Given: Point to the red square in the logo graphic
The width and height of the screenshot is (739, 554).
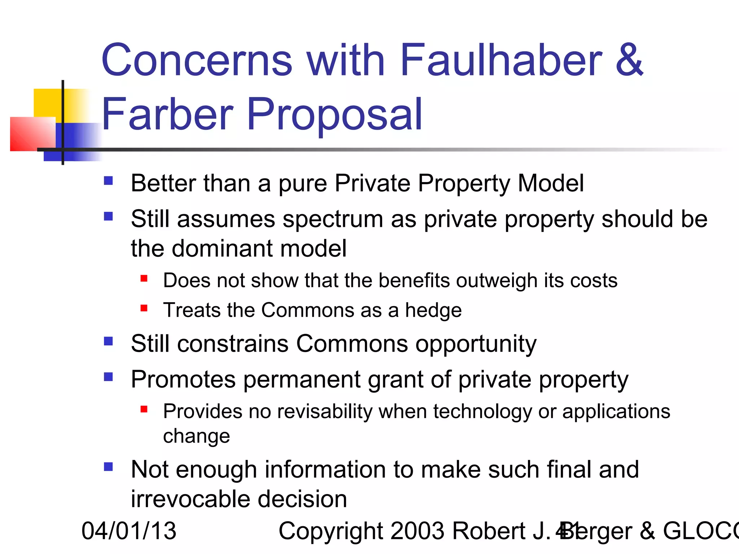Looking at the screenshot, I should [32, 134].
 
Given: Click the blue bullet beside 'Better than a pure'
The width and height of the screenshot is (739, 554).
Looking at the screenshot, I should [108, 180].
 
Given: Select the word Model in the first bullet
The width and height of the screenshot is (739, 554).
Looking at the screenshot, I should [551, 183].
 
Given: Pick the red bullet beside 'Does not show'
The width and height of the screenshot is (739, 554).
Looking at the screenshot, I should [144, 278].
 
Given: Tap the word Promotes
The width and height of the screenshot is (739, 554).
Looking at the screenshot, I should [183, 379].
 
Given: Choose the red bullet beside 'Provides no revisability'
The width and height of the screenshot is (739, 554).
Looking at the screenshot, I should [144, 409].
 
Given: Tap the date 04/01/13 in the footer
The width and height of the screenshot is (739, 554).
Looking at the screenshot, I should [129, 531].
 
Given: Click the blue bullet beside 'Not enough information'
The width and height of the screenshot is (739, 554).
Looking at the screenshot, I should [108, 467].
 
